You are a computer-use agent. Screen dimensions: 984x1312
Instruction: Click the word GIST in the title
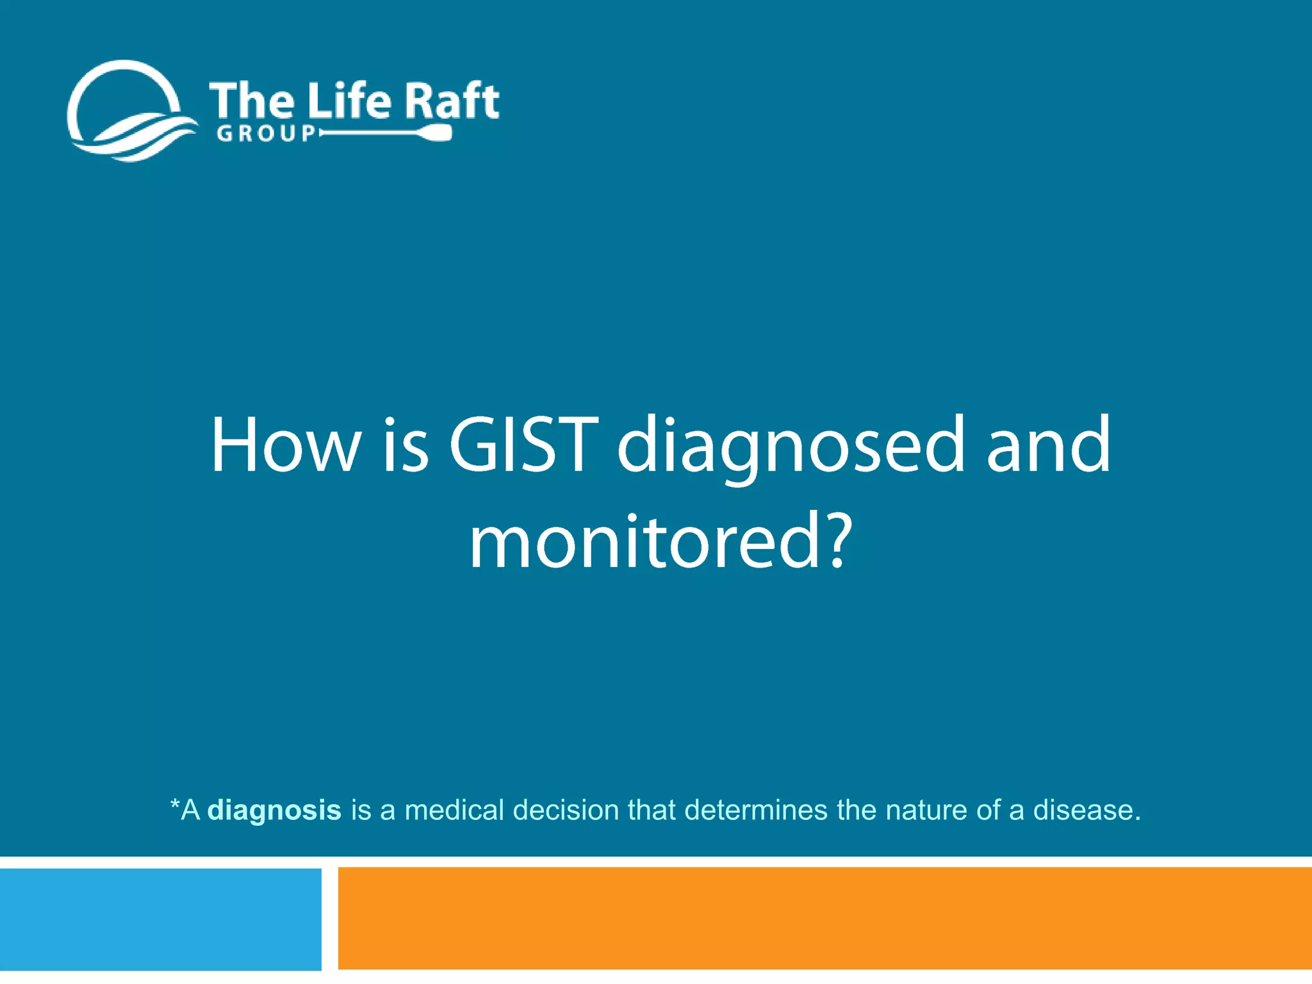(523, 445)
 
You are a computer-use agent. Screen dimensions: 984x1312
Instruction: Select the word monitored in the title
(644, 541)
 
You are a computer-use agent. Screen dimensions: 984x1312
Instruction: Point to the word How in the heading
(286, 445)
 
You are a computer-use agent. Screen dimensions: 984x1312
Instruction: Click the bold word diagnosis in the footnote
(275, 810)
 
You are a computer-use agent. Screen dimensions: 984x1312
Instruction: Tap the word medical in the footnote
(454, 810)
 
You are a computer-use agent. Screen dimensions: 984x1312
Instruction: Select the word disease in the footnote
(1084, 810)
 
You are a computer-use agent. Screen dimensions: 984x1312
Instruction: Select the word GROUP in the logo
(266, 133)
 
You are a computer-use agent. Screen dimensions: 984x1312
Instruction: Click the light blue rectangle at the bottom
(160, 919)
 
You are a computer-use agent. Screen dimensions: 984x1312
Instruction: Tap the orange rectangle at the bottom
(824, 919)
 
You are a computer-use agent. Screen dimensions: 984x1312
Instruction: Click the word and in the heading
(1048, 445)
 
